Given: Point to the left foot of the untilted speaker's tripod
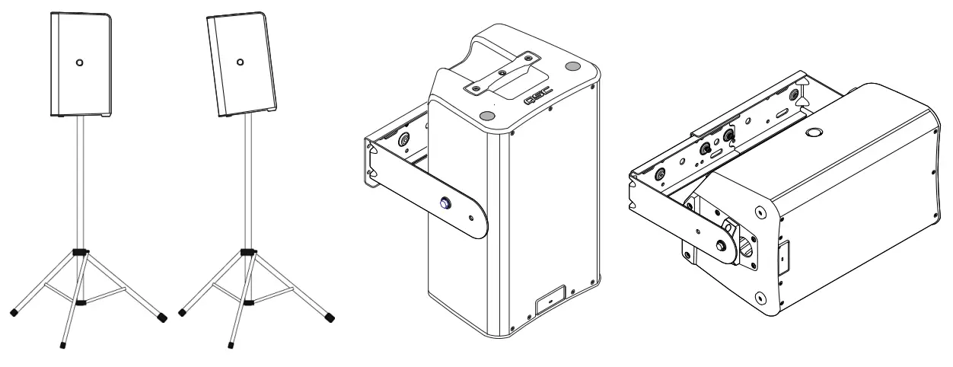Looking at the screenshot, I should coord(14,312).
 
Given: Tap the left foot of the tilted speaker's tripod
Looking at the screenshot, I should coord(181,311).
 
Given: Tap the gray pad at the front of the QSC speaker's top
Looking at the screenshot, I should coord(488,115).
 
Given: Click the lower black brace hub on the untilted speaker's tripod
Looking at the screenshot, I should coord(81,302).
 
